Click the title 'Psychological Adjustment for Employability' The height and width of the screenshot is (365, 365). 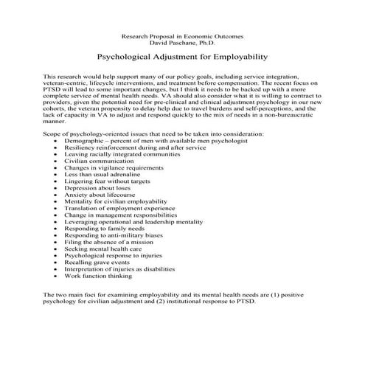[x=182, y=55]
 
